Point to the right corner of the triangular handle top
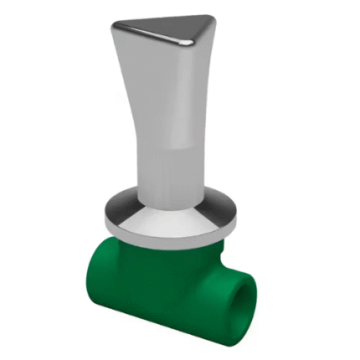(x=211, y=20)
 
